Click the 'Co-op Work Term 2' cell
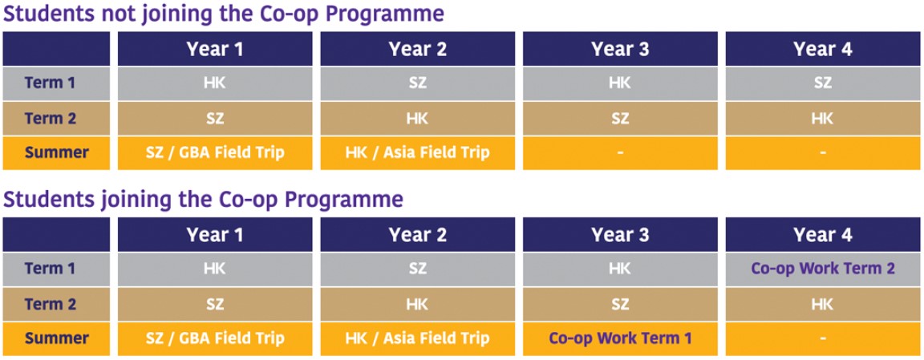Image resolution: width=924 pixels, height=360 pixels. [x=823, y=269]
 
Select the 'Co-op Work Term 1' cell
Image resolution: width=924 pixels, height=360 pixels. [x=620, y=339]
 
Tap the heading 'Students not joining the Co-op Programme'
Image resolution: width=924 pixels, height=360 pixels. [x=223, y=14]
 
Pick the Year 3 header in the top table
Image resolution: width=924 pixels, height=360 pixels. [x=620, y=49]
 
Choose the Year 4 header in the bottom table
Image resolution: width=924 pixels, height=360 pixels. [x=823, y=234]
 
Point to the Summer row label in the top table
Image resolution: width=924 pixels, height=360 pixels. [x=57, y=153]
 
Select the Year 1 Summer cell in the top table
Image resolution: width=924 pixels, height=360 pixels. [x=215, y=153]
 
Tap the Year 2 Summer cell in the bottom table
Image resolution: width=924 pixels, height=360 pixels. [x=417, y=339]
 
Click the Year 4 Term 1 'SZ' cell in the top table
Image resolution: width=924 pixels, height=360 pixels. [x=823, y=83]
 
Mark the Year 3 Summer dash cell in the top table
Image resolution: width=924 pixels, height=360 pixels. [x=620, y=153]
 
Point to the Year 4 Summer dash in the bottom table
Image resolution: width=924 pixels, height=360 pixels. [x=823, y=339]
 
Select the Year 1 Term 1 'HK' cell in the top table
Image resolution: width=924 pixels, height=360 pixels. [x=215, y=83]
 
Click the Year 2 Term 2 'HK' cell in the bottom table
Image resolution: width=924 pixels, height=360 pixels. [x=417, y=304]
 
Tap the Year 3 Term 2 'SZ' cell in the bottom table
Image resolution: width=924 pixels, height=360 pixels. [x=620, y=304]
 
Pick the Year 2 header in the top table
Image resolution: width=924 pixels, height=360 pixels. [x=417, y=49]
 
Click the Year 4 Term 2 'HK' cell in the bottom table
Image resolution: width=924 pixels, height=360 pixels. [x=823, y=304]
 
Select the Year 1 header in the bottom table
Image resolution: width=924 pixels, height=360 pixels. [x=215, y=234]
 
